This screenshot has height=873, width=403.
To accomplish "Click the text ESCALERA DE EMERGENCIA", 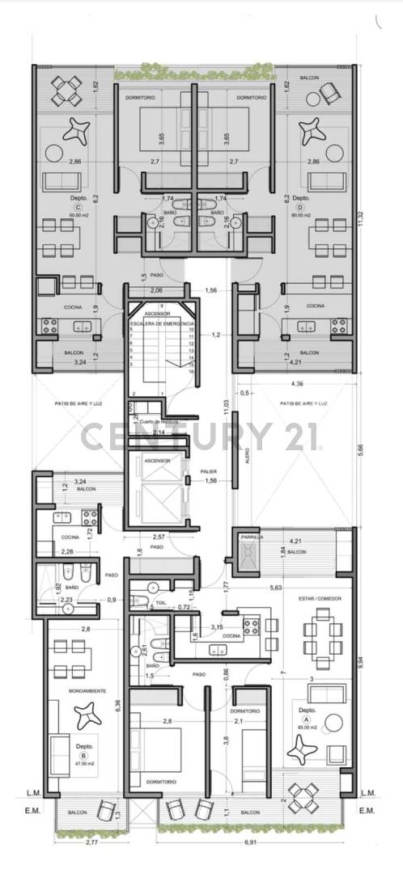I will click(161, 323).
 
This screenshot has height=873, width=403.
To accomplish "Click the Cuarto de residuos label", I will click(159, 421).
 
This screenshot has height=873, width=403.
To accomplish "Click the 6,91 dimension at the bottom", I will click(254, 842).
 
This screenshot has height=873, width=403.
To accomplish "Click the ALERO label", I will click(247, 454).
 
